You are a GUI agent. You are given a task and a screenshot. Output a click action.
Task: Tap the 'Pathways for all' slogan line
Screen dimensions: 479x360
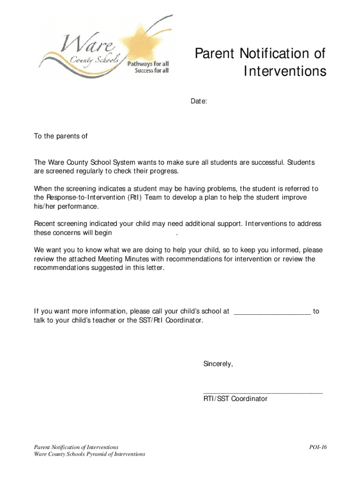148,64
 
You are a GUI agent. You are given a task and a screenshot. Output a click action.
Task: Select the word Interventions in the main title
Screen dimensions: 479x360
285,71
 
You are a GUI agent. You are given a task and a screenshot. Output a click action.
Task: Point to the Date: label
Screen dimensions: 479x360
199,101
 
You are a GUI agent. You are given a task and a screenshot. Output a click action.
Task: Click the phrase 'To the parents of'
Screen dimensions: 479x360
61,136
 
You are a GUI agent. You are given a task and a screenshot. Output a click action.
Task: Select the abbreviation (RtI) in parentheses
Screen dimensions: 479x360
135,197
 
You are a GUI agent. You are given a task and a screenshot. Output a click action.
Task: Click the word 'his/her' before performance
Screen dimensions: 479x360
44,206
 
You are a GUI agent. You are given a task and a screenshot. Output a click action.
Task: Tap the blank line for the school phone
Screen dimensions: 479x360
272,312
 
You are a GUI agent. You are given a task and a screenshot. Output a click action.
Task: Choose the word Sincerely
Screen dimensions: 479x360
218,363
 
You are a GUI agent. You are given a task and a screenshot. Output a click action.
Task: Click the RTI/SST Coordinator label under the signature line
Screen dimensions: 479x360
235,399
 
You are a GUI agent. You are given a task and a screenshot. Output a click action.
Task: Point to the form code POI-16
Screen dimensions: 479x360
318,447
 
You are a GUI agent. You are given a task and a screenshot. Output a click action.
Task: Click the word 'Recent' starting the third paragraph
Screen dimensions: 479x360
45,224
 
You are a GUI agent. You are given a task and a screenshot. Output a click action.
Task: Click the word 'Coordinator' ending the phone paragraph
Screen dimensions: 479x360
184,320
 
